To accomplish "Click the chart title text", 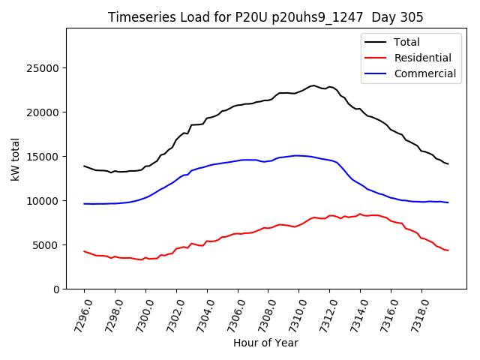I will click(265, 17).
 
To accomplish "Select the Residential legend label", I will click(423, 58).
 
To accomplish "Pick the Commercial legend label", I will click(425, 73).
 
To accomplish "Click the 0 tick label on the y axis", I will click(56, 289).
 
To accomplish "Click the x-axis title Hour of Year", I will click(265, 343).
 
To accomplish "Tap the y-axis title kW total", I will click(16, 158).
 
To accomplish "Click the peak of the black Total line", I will click(313, 85).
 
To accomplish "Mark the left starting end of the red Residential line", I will click(84, 251).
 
